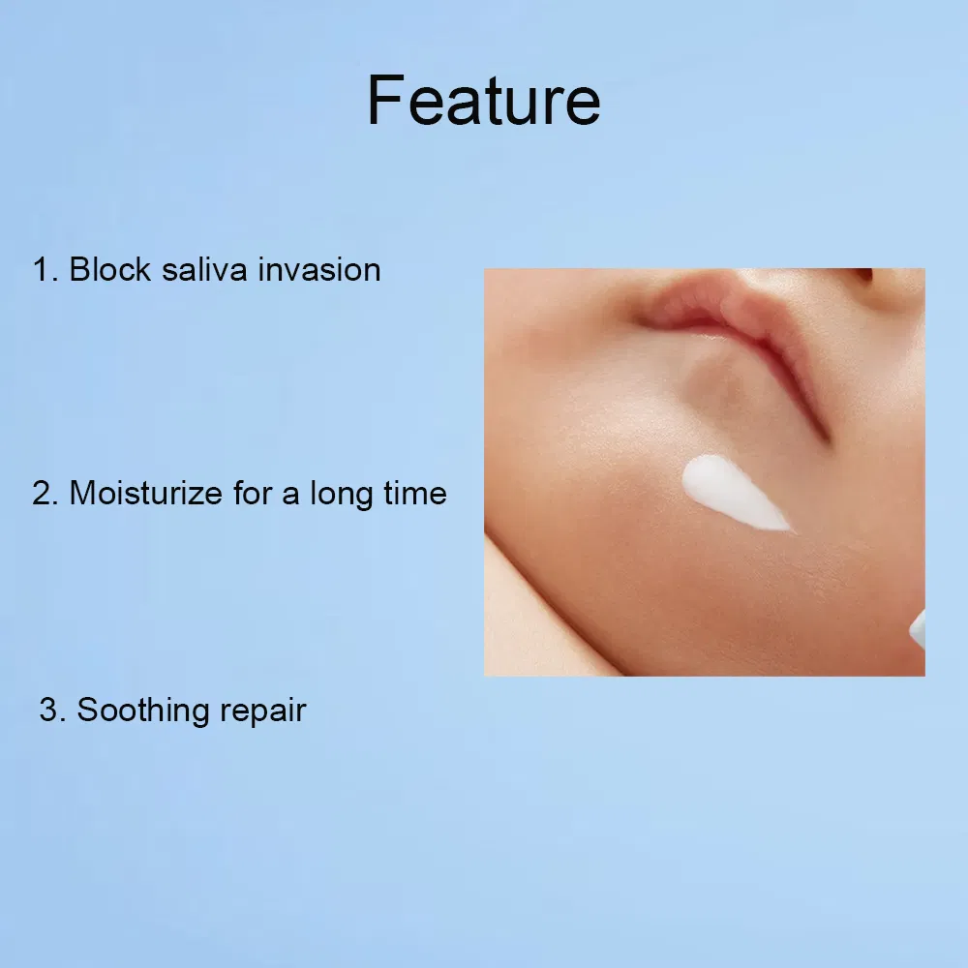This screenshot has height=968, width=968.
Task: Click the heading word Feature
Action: click(483, 101)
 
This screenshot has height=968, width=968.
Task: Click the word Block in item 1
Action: click(110, 270)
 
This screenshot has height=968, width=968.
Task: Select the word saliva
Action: click(204, 270)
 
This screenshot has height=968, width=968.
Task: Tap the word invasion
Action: click(319, 270)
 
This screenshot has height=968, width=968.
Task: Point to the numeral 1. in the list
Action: click(45, 270)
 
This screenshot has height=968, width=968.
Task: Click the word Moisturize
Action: click(146, 494)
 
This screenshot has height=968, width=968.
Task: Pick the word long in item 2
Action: click(341, 495)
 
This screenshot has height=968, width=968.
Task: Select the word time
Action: click(415, 494)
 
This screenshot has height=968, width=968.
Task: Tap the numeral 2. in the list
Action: click(45, 494)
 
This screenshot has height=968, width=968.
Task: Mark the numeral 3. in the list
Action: click(52, 710)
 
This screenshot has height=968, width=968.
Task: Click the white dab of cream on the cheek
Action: click(732, 492)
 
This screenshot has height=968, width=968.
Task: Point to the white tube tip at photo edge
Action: click(918, 630)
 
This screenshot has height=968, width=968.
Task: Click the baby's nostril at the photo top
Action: click(864, 275)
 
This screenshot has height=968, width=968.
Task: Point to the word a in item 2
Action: click(290, 497)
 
